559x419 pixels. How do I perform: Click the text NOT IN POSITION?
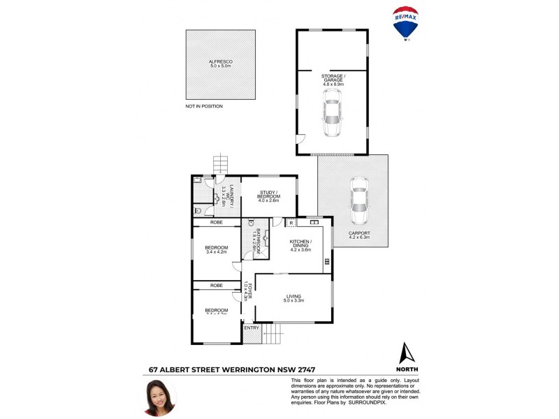(x=204, y=106)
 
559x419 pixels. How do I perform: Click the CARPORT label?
(x=359, y=235)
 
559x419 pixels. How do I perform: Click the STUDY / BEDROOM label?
(x=269, y=198)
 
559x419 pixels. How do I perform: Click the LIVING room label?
(x=293, y=298)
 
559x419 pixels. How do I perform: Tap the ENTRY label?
(x=251, y=328)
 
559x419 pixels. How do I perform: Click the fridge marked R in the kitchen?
(x=290, y=223)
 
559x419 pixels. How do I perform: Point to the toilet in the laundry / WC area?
(x=198, y=209)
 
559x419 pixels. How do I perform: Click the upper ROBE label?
(x=217, y=222)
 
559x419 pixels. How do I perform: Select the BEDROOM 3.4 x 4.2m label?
(x=217, y=249)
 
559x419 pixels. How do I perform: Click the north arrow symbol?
(x=406, y=353)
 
